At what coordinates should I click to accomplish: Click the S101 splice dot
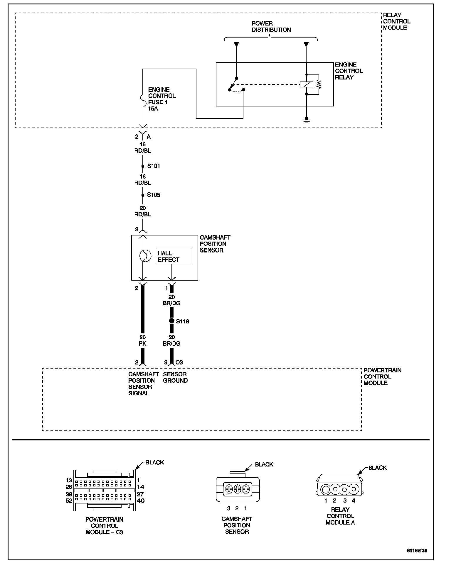[x=142, y=166]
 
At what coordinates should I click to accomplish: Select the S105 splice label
[x=154, y=195]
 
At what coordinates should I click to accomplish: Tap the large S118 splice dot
[x=172, y=321]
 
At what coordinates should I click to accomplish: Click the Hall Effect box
[x=174, y=256]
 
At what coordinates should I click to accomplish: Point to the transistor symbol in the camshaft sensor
[x=145, y=256]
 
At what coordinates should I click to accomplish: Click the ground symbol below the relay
[x=306, y=121]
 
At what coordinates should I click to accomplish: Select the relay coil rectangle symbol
[x=306, y=84]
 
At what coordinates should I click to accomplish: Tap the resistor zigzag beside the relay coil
[x=319, y=84]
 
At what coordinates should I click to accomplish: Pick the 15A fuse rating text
[x=153, y=108]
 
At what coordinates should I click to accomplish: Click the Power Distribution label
[x=271, y=27]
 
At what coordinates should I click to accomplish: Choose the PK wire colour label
[x=142, y=344]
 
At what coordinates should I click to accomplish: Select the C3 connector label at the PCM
[x=179, y=362]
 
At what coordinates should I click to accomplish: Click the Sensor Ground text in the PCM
[x=175, y=377]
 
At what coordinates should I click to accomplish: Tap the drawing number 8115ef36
[x=417, y=551]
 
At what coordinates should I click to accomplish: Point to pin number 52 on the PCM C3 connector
[x=69, y=501]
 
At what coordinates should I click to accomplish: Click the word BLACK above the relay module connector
[x=377, y=468]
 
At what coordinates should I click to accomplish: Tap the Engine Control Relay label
[x=349, y=71]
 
